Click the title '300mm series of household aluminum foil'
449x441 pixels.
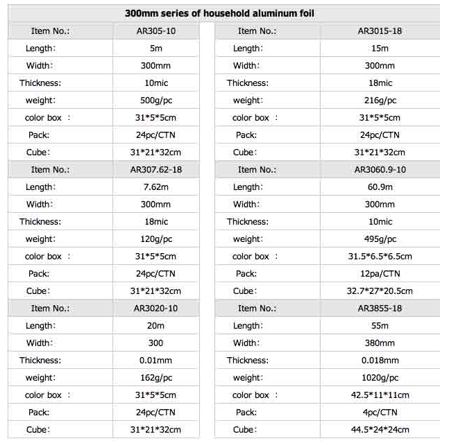coord(223,13)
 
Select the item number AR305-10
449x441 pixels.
coord(155,31)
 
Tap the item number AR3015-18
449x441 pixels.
coord(380,31)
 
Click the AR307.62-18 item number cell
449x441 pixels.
coord(155,170)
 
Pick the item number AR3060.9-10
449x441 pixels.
coord(380,170)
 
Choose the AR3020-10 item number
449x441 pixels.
coord(155,309)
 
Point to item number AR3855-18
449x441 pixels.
coord(380,309)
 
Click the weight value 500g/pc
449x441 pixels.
coord(155,101)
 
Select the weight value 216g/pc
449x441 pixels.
coord(380,101)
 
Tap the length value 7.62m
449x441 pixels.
coord(155,187)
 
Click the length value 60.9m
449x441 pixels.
coord(380,187)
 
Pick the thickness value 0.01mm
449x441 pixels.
coord(155,361)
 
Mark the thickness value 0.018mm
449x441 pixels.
coord(380,361)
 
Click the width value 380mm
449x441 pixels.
coord(380,343)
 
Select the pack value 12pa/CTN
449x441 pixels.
coord(380,274)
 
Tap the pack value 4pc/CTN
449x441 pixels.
coord(380,413)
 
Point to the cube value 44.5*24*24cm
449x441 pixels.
coord(380,430)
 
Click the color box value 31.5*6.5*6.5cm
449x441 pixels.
coord(380,257)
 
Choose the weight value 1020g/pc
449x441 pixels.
coord(380,378)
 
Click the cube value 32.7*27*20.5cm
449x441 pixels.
coord(380,291)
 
